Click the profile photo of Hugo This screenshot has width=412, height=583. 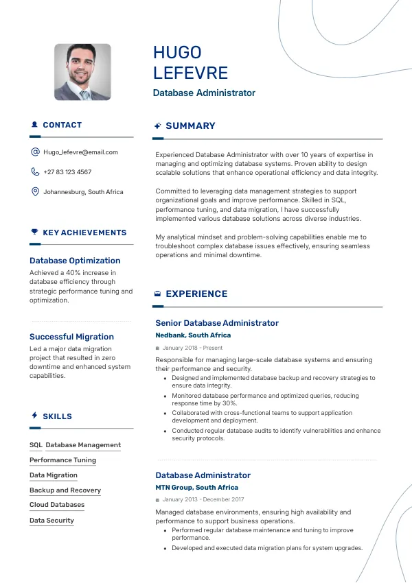click(x=82, y=72)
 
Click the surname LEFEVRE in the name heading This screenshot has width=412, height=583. click(x=190, y=73)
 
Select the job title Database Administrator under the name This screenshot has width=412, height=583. click(x=204, y=93)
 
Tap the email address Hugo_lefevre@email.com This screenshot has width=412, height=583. click(x=80, y=152)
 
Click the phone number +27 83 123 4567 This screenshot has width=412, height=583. click(x=67, y=172)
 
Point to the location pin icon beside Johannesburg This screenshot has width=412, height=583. click(x=35, y=192)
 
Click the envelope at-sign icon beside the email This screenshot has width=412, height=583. click(x=35, y=152)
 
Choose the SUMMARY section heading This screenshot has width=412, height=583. click(x=190, y=126)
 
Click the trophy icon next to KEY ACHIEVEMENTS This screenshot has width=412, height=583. click(x=34, y=233)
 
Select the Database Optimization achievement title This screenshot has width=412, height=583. click(x=75, y=261)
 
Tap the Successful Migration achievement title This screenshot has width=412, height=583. click(x=71, y=337)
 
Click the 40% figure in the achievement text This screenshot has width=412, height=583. click(x=78, y=273)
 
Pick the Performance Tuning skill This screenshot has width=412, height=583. click(x=62, y=460)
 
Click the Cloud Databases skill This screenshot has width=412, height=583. click(x=57, y=505)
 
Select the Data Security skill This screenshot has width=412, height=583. click(x=51, y=521)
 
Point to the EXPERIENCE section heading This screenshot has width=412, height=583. click(x=196, y=294)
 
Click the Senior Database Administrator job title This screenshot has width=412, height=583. click(x=217, y=323)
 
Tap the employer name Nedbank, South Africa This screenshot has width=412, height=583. click(x=193, y=335)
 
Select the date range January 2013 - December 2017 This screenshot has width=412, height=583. click(x=203, y=499)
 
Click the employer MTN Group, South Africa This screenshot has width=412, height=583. click(x=196, y=488)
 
